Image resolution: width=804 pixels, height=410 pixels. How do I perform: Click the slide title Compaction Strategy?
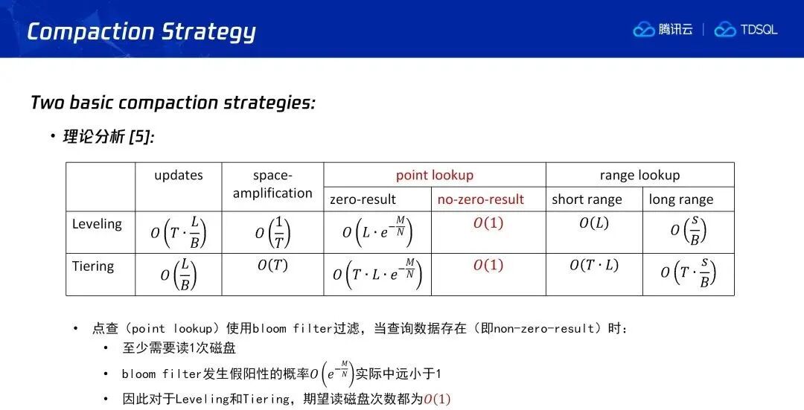pos(141,32)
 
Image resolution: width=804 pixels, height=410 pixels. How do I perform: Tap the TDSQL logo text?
pos(759,30)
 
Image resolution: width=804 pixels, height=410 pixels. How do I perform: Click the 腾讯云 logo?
pos(663,30)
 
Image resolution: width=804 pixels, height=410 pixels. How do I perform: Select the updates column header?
pos(179,176)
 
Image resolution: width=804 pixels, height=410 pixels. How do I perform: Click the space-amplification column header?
pos(272,185)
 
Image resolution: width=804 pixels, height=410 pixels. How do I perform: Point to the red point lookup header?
pos(434,176)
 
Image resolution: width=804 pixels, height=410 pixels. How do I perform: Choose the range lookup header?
pos(640,176)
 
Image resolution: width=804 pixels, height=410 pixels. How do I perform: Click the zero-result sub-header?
pos(363,199)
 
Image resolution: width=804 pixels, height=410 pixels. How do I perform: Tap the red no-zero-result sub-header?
pos(480,199)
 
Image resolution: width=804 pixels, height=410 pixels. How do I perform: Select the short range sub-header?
pos(587,200)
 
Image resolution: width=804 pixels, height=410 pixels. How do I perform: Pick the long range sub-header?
pos(681,200)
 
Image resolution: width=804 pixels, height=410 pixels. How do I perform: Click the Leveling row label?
pos(97,224)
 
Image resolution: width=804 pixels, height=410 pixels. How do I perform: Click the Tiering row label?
pos(93,266)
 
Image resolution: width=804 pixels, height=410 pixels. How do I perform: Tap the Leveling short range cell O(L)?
pos(594,223)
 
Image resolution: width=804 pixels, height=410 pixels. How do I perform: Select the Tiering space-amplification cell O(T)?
pos(272,266)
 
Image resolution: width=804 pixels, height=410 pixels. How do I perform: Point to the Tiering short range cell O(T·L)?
pos(594,266)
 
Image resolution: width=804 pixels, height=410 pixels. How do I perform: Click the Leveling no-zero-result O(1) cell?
pos(488,223)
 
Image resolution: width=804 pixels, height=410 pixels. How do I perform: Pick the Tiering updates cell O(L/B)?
pos(179,275)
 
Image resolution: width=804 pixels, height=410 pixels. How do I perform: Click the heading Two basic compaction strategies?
pos(173,103)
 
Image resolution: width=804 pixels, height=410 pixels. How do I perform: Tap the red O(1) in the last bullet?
pos(437,399)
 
